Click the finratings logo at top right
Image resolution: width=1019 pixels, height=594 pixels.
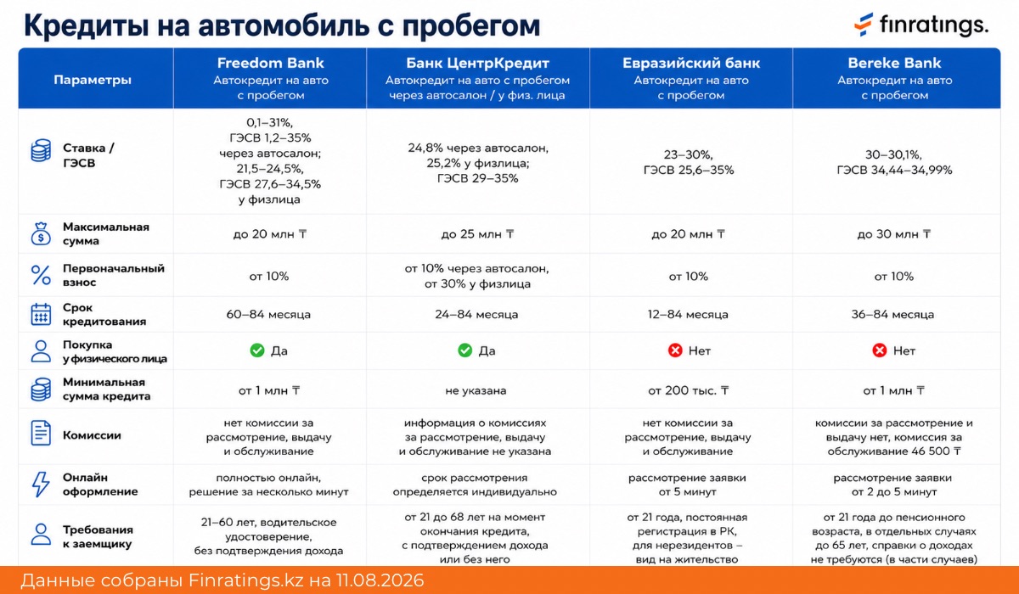pos(921,25)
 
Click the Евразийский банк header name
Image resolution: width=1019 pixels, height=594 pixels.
pos(691,63)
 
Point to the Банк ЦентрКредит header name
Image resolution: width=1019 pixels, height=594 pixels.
pos(477,63)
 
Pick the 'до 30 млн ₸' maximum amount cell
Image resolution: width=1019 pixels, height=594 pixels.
pos(894,234)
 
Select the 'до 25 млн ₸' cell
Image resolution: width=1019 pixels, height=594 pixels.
pos(477,234)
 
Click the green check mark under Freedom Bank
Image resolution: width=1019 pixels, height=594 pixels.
pos(257,350)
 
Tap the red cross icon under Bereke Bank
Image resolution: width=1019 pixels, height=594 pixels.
pos(880,350)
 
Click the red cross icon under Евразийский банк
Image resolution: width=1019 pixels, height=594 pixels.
pos(675,350)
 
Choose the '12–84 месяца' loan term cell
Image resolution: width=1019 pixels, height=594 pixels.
pos(688,315)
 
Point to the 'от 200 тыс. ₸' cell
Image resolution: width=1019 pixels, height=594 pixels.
pos(689,390)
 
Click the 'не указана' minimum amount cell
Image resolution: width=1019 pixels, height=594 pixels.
pos(476,391)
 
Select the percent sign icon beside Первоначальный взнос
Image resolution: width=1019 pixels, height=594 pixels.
pos(41,276)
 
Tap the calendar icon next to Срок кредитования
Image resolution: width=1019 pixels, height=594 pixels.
pos(41,315)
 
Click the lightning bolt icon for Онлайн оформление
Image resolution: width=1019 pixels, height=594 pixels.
pos(41,484)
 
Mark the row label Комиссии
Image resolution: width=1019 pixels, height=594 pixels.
pos(92,435)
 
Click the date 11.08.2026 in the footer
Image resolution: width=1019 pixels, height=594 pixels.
pos(380,580)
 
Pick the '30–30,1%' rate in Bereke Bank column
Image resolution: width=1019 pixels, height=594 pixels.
pos(893,154)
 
